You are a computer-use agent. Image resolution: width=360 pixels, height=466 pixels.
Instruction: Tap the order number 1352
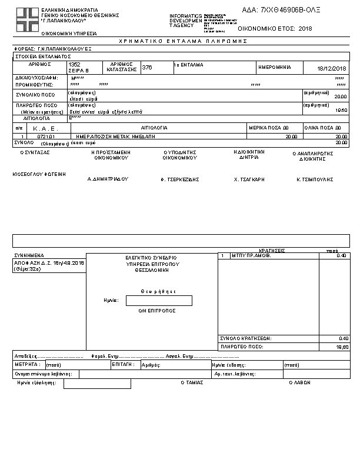(75, 64)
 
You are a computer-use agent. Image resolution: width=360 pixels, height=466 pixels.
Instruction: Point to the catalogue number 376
(147, 67)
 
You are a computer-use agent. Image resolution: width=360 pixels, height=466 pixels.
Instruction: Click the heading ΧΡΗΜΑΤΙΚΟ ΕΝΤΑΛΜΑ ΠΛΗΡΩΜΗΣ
(183, 41)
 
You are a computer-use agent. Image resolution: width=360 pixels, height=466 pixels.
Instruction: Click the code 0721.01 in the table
(46, 136)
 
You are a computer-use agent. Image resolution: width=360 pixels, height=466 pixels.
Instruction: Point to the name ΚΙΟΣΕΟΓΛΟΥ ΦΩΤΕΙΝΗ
(39, 174)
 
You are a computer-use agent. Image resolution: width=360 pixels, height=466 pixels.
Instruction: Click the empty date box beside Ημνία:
(159, 301)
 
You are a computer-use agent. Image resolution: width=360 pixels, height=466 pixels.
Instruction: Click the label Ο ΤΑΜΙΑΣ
(192, 382)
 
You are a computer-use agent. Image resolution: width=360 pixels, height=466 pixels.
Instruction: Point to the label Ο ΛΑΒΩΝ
(299, 382)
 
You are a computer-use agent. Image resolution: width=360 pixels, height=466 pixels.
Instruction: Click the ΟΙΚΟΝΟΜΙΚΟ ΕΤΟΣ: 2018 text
(275, 28)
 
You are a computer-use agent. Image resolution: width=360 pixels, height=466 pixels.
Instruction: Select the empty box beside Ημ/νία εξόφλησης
(97, 384)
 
